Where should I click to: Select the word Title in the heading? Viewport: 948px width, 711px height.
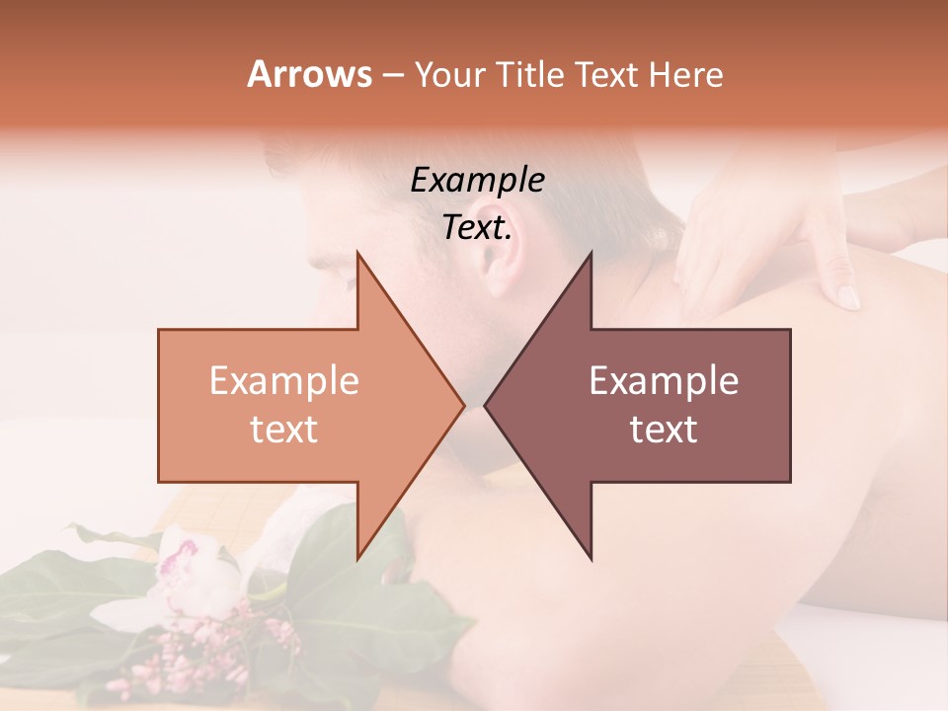pos(531,74)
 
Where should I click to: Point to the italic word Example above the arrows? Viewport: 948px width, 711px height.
pos(478,182)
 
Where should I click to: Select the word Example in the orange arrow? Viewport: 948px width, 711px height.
pos(284,381)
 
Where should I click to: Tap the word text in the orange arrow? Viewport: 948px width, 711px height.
pos(284,430)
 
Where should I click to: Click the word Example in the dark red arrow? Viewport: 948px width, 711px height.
pos(664,381)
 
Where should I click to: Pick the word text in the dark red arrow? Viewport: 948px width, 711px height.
pos(664,430)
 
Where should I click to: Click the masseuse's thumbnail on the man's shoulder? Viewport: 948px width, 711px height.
pos(847,296)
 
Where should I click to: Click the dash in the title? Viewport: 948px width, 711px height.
pos(392,75)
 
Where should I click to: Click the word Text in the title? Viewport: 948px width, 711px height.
pos(606,74)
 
